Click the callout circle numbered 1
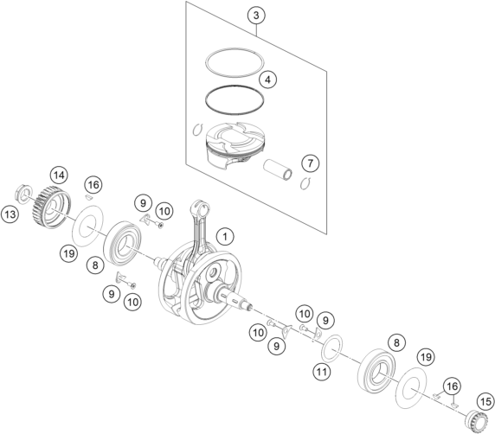pyautogui.click(x=225, y=236)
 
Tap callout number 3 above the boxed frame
pyautogui.click(x=256, y=16)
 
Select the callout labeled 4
pyautogui.click(x=267, y=80)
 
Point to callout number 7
pyautogui.click(x=311, y=163)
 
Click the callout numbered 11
pyautogui.click(x=322, y=372)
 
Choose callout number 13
pyautogui.click(x=10, y=214)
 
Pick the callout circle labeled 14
pyautogui.click(x=59, y=175)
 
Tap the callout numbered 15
pyautogui.click(x=486, y=401)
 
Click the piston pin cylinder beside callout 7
pyautogui.click(x=278, y=170)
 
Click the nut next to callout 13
pyautogui.click(x=24, y=192)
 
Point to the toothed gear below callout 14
pyautogui.click(x=51, y=207)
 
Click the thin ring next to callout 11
pyautogui.click(x=324, y=348)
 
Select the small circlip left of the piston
pyautogui.click(x=196, y=130)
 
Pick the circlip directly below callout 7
pyautogui.click(x=305, y=184)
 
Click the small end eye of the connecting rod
pyautogui.click(x=200, y=207)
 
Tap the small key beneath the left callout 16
pyautogui.click(x=89, y=197)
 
